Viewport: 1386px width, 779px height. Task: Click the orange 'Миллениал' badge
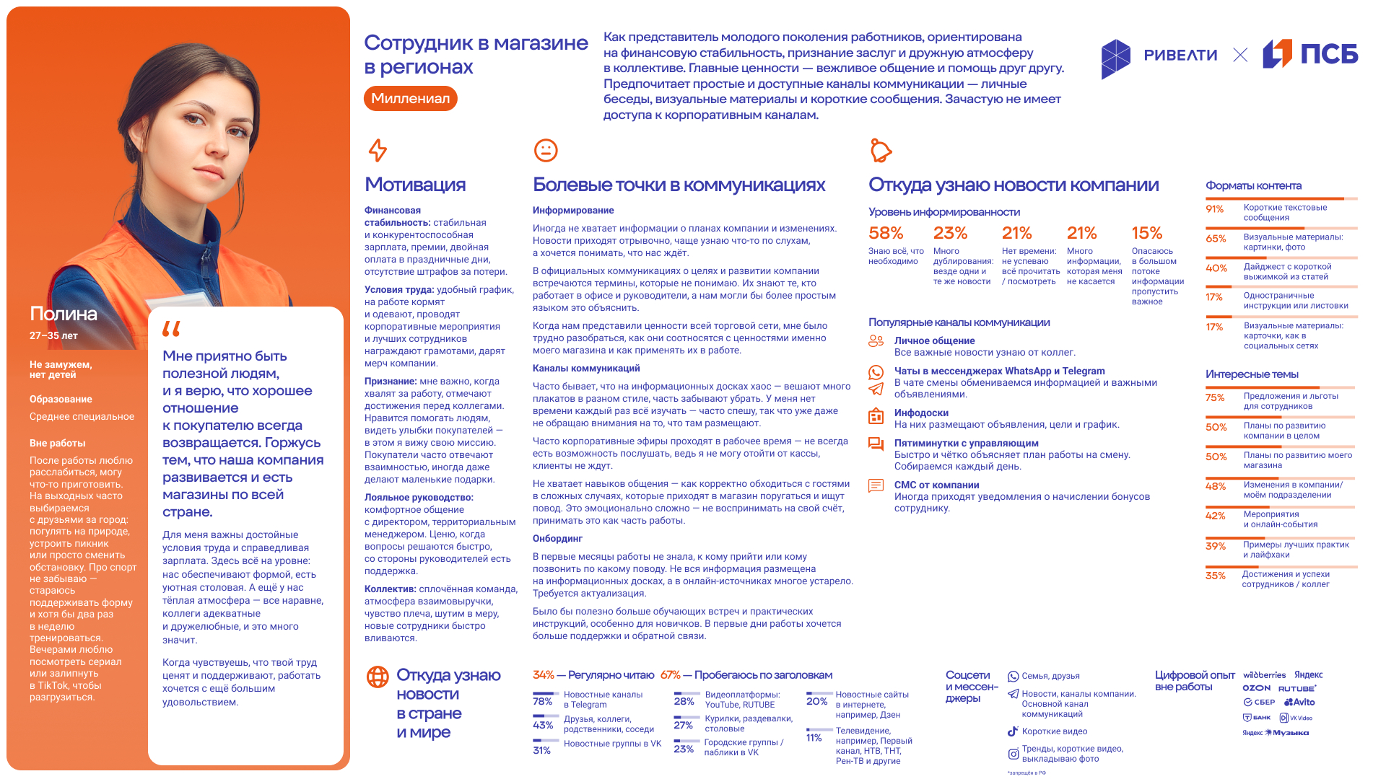[410, 99]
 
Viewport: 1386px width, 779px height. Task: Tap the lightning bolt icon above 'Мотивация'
[378, 150]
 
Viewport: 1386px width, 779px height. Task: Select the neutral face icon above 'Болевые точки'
[546, 150]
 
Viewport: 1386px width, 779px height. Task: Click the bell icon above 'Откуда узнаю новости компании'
[881, 150]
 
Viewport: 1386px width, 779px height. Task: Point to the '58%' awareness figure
[886, 233]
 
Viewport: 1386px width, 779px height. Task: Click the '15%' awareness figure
[1146, 233]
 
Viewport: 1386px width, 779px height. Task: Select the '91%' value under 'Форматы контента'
[1215, 209]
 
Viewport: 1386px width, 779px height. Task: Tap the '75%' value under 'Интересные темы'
[1215, 397]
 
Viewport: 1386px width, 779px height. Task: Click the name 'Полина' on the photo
[64, 314]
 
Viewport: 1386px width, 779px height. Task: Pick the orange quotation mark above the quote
[171, 329]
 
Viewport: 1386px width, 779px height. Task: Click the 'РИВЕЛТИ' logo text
[1180, 56]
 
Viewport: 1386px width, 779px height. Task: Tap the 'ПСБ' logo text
[1329, 54]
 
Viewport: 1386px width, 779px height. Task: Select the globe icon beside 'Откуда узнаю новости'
[378, 677]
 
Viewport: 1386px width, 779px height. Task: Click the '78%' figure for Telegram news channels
[542, 701]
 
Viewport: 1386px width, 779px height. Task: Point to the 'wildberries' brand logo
[1264, 675]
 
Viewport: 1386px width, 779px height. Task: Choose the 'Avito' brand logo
[1299, 702]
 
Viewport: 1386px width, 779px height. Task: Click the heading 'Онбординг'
[557, 539]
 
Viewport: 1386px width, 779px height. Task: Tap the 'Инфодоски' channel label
[921, 413]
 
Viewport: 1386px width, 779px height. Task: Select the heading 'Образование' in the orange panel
[61, 400]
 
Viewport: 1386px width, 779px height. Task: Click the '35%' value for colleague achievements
[1215, 576]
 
